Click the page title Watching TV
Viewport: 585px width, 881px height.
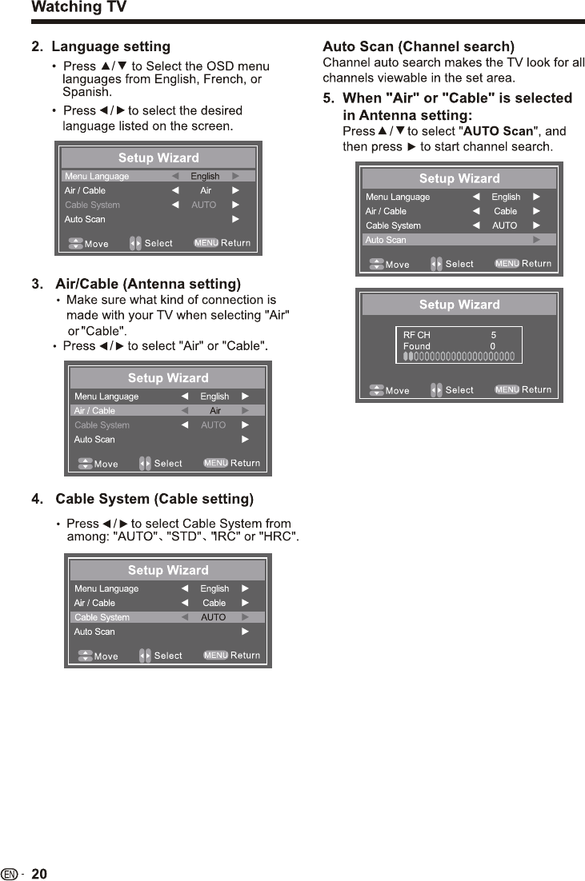[78, 8]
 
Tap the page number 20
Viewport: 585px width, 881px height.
[39, 874]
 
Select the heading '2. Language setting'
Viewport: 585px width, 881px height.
[101, 46]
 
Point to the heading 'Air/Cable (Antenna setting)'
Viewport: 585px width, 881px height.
[148, 284]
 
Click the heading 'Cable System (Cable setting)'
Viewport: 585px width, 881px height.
[154, 500]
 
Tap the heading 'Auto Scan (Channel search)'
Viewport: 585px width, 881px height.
[418, 46]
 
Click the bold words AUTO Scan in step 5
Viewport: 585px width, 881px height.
[498, 131]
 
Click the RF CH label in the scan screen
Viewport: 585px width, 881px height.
[416, 335]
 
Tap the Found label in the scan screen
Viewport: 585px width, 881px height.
[416, 346]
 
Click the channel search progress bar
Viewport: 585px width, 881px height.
[459, 357]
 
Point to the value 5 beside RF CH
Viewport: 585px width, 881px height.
[494, 335]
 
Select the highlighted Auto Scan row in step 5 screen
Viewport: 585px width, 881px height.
[459, 240]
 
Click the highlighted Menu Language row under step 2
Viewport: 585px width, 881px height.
[158, 176]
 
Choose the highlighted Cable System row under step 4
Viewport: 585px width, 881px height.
[167, 617]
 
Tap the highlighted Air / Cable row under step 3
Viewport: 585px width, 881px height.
[167, 411]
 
